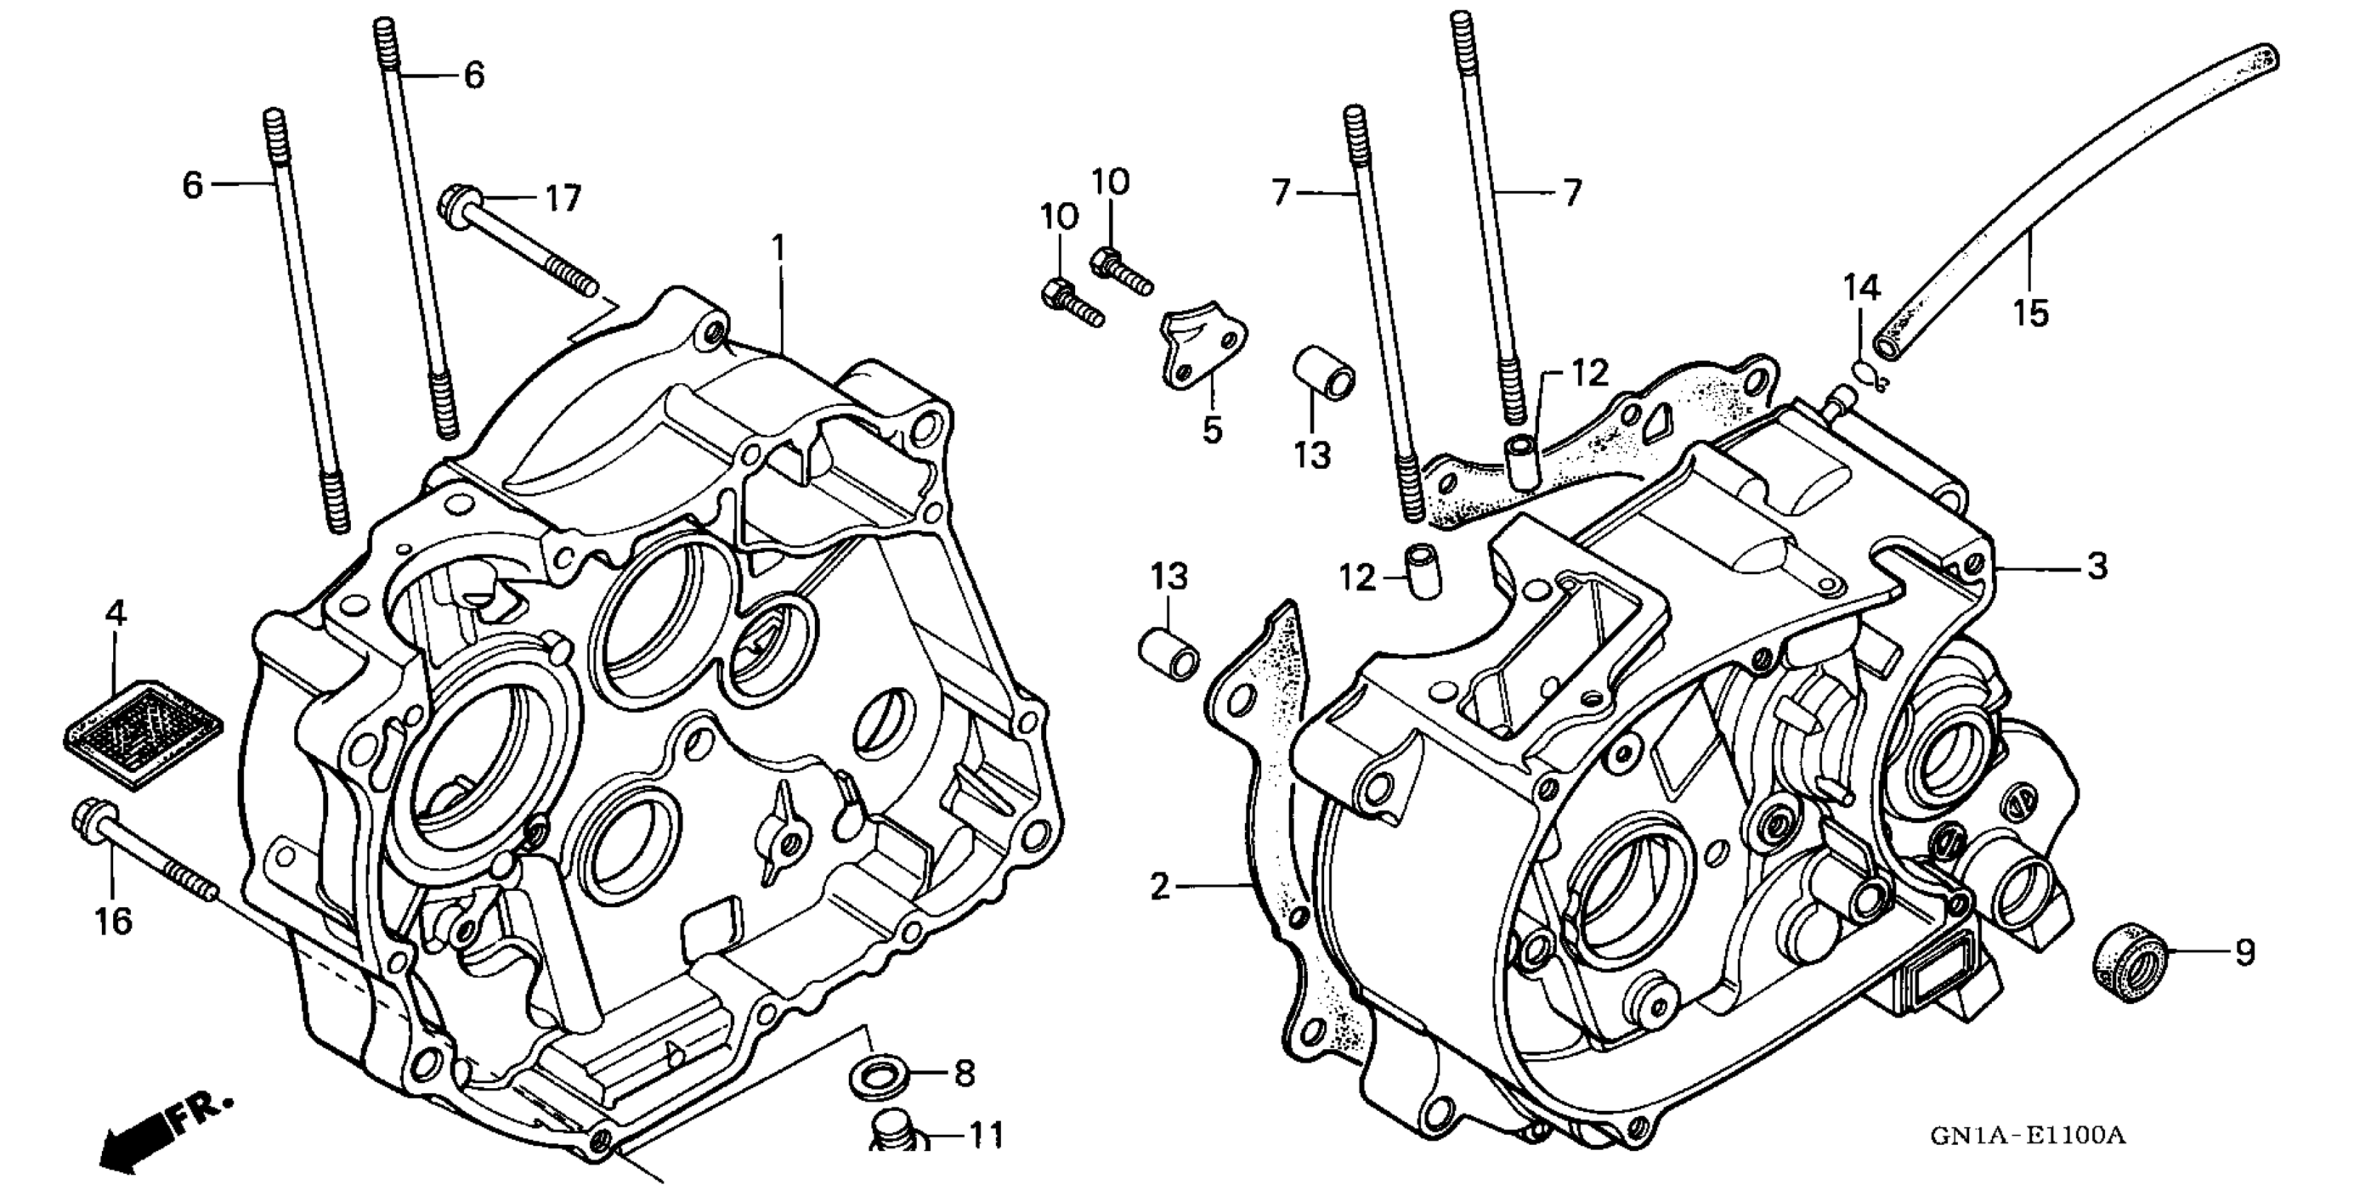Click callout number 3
point(2097,566)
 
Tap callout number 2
point(1159,885)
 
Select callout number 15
point(2031,313)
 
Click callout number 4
point(115,614)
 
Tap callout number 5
point(1212,429)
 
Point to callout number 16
point(113,921)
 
